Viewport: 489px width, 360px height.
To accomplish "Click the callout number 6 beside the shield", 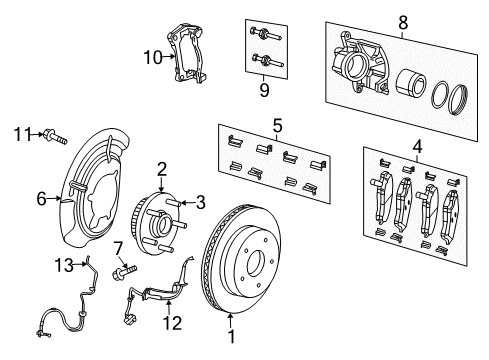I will (x=42, y=199).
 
